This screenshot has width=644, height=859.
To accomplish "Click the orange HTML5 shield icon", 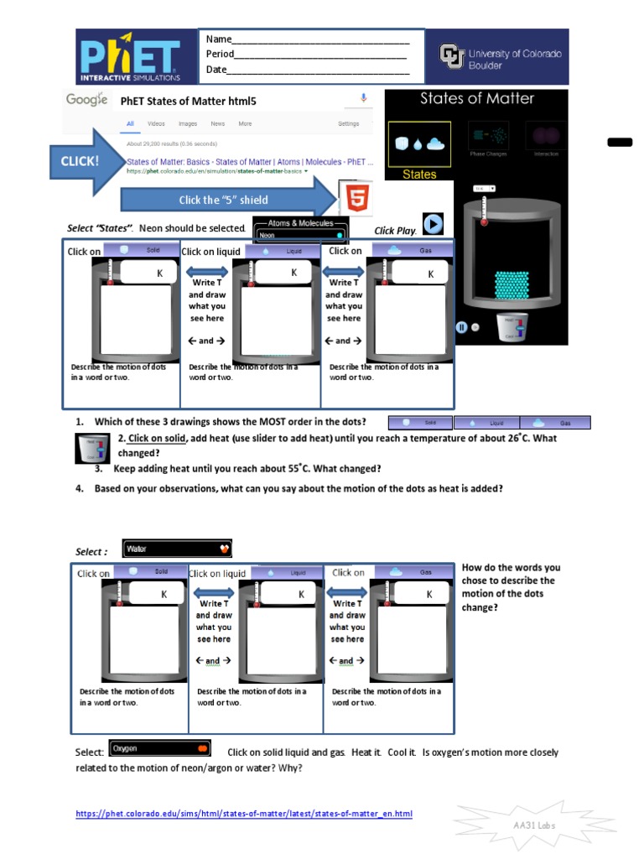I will point(356,199).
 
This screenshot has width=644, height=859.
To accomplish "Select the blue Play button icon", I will point(432,225).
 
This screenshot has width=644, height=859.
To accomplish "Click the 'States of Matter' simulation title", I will point(476,99).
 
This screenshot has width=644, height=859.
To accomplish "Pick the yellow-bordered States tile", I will point(419,149).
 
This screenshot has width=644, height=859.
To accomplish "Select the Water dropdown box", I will point(177,549).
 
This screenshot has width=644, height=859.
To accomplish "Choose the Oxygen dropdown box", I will point(159,748).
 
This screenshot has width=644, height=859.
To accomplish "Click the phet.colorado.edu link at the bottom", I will point(244,814).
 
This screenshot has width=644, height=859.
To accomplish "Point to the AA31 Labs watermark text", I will point(534,825).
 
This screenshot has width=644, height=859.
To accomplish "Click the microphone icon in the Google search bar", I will point(364,99).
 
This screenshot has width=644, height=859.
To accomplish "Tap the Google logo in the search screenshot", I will point(86,100).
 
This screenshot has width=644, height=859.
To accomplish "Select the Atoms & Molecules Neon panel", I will point(300,230).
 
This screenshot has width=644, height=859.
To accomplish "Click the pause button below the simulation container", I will point(461,328).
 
